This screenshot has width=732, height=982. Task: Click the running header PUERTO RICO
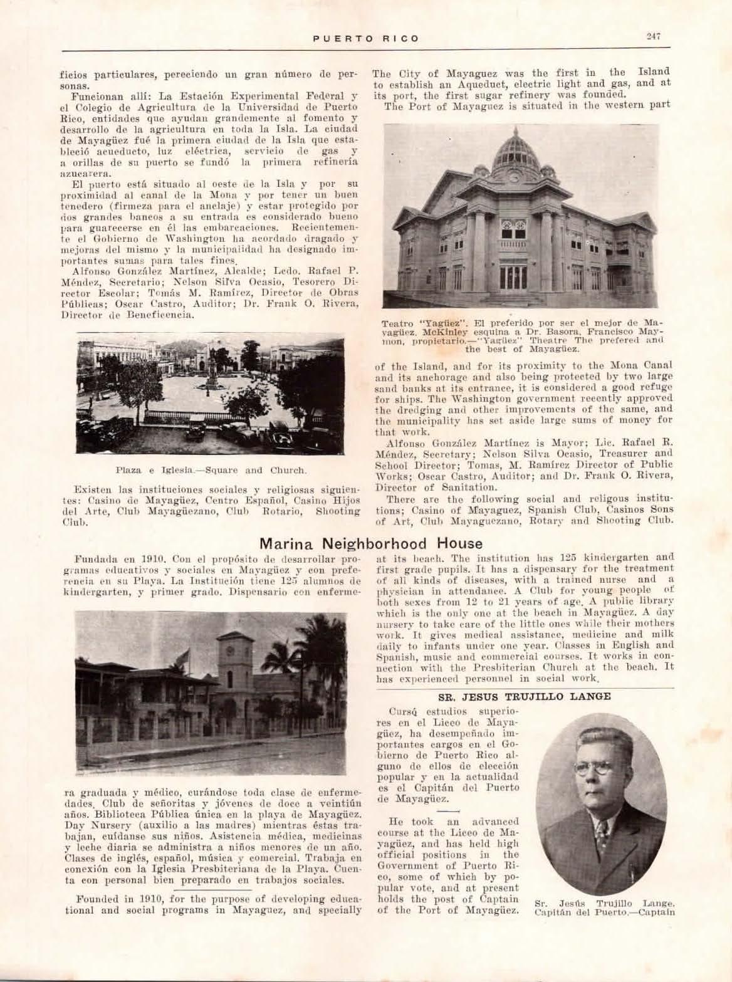(366, 38)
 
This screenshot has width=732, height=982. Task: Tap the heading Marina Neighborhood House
(371, 543)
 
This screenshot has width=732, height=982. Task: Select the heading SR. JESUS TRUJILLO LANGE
(524, 696)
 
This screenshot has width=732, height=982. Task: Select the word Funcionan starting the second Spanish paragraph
(94, 97)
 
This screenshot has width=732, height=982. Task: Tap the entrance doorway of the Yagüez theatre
(513, 278)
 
